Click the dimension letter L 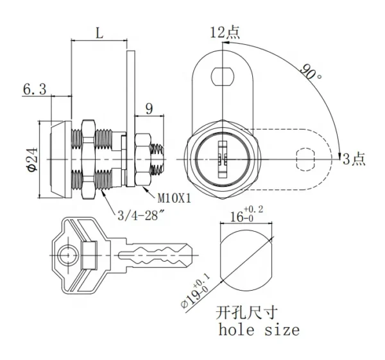(99, 33)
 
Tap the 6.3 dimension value (35, 89)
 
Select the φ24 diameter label (33, 159)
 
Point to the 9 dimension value (150, 109)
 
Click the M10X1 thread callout (174, 199)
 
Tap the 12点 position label (225, 33)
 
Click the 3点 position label (354, 159)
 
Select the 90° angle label (311, 72)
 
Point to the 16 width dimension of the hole (246, 214)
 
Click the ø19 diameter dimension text (196, 291)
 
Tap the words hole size (259, 330)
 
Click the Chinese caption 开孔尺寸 (246, 313)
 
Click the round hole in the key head (68, 255)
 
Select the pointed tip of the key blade (193, 255)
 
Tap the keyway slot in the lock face (223, 159)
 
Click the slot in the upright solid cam (223, 76)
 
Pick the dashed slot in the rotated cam (305, 159)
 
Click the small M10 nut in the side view (142, 159)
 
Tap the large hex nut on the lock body (89, 159)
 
